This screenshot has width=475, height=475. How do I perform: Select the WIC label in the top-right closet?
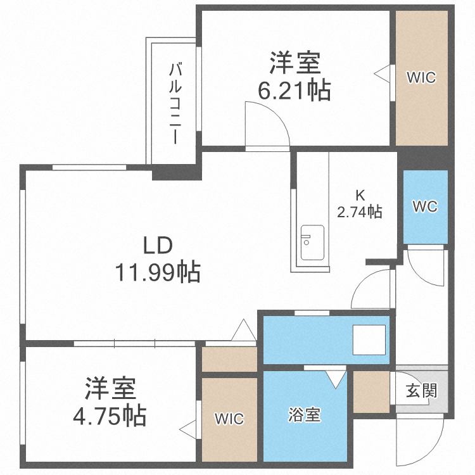point(421,78)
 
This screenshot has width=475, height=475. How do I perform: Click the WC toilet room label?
point(425,206)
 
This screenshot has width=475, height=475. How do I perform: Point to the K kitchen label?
point(358,196)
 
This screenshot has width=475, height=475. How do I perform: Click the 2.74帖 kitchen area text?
point(359,212)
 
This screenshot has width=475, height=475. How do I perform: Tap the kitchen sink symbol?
point(312,242)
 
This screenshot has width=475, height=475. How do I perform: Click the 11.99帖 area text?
point(157,273)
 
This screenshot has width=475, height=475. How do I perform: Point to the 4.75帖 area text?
point(108,416)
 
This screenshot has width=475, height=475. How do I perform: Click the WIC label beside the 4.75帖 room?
point(228,419)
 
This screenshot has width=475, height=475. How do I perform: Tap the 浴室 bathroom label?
point(305,415)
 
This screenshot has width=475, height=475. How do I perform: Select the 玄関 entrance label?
point(421,390)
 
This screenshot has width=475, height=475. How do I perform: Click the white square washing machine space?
point(369,341)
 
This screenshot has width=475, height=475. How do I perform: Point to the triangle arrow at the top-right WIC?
point(383,73)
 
